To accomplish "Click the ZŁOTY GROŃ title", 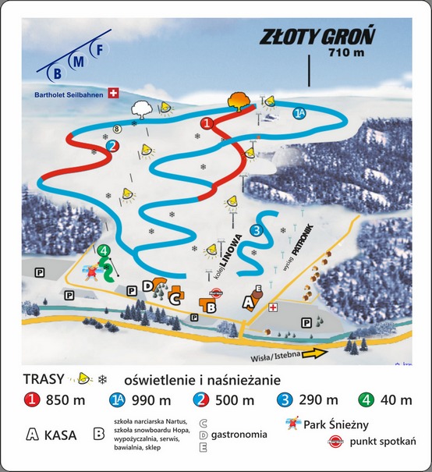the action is (x=317, y=37).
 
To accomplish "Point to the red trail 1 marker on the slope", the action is (x=207, y=123).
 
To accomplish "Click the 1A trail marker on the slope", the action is (x=299, y=114).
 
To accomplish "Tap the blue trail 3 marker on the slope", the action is (x=256, y=229).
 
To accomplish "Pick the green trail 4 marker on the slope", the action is (x=104, y=250).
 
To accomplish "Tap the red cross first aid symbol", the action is (x=273, y=307).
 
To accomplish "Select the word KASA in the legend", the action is (x=61, y=435).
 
